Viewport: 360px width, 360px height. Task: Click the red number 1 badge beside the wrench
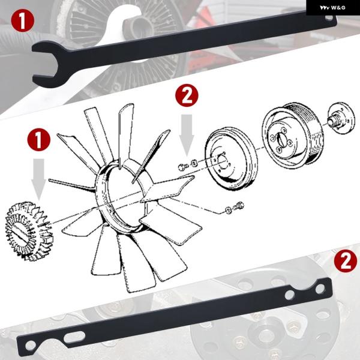coord(23,20)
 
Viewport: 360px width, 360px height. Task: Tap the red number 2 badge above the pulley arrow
coord(187,95)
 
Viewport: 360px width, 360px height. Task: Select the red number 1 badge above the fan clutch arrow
coord(39,140)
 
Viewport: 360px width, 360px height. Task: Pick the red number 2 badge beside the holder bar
coord(346,261)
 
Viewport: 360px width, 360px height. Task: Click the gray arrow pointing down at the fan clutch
coord(38,179)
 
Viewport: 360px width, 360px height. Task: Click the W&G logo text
coord(332,8)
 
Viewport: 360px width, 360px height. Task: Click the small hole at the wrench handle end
coord(329,17)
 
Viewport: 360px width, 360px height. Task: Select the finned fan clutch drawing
coord(29,231)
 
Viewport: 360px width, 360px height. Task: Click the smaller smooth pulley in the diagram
coord(231,158)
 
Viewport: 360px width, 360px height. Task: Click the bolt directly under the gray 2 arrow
coord(183,167)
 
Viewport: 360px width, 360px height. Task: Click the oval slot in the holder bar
coord(74,337)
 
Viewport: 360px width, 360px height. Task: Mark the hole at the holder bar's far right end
coord(320,289)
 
